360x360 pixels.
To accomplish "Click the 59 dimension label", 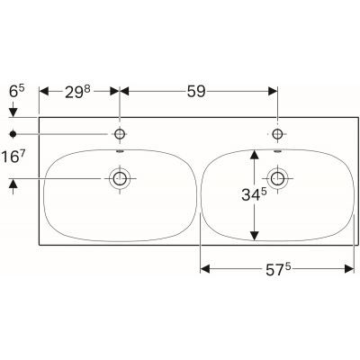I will point(195,91).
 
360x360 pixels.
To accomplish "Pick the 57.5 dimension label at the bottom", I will point(275,253).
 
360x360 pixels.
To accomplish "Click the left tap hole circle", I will point(118,133).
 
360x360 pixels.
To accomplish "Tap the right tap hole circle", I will point(276,133).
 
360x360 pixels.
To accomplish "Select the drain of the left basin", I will point(118,178).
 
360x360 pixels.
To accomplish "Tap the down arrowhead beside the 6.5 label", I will point(13,111).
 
